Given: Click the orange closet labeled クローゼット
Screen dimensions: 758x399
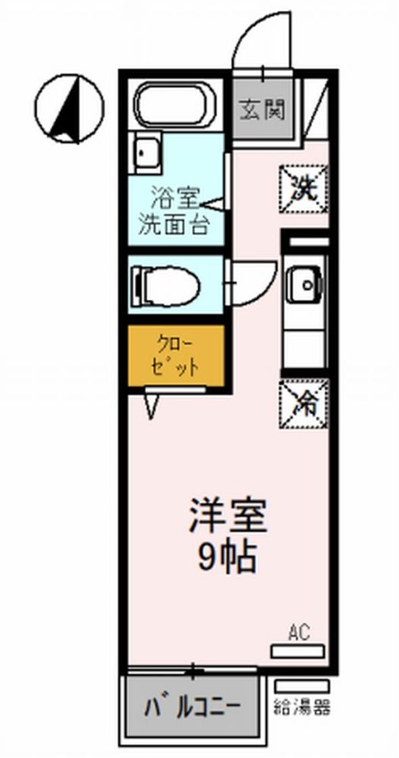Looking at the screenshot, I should pos(176,356).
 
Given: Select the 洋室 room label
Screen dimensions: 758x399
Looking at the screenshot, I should pos(228,516).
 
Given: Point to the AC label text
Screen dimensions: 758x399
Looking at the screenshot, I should pos(299,632).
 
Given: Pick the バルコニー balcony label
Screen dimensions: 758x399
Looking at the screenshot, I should pos(192,705).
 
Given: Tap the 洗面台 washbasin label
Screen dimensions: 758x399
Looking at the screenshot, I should pos(173,223).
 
